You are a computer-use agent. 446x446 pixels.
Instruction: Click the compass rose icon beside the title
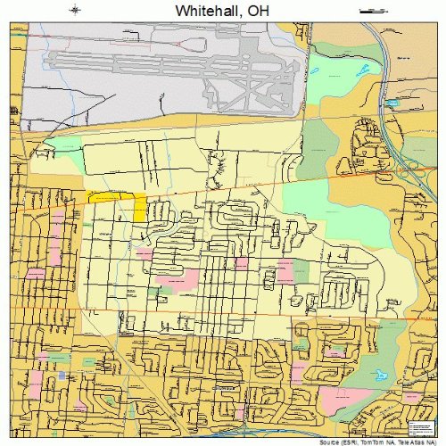click(x=75, y=10)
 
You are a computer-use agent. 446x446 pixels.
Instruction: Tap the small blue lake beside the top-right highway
click(x=391, y=103)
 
